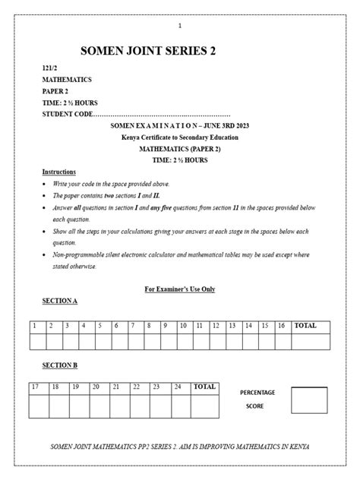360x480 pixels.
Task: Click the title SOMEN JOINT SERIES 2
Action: (148, 51)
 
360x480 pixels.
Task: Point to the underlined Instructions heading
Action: (58, 172)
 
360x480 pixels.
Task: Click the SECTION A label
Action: (59, 301)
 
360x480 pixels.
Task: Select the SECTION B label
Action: (59, 365)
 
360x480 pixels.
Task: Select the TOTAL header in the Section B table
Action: (205, 387)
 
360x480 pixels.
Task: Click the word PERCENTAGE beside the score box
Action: (257, 393)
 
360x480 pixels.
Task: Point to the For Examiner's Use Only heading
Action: (180, 289)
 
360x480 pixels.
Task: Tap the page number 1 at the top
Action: (180, 27)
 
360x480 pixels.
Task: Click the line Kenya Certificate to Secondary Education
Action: (180, 137)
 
